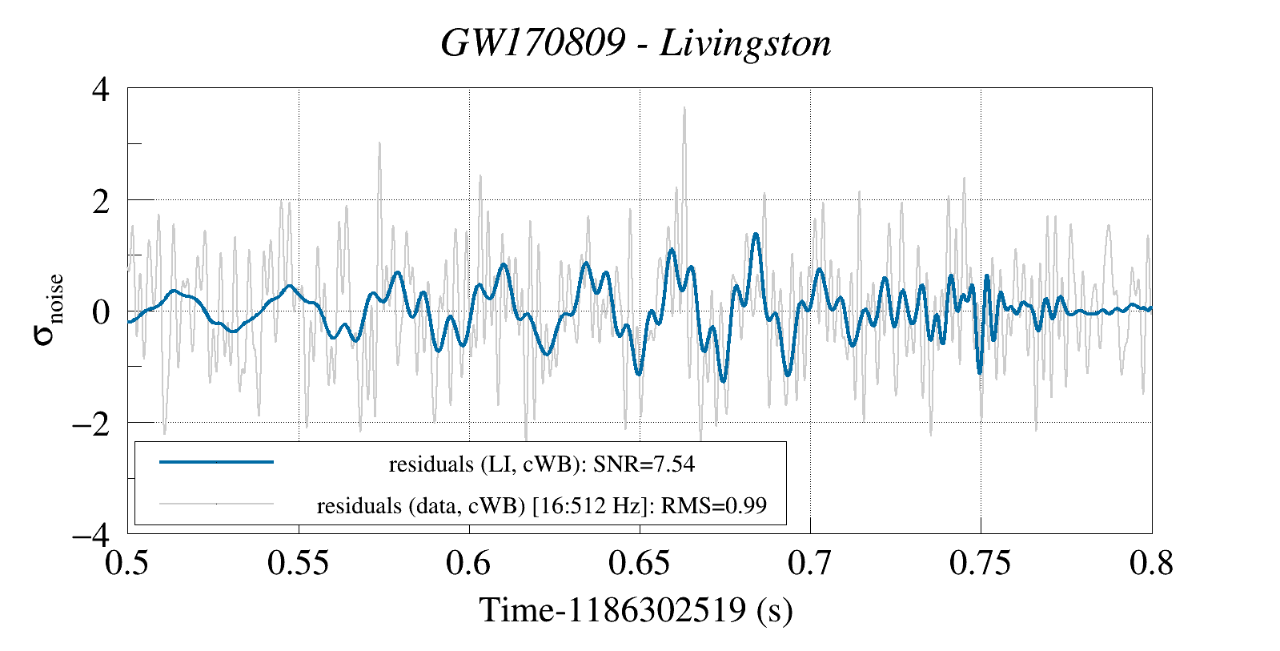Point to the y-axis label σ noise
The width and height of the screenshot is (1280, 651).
(x=48, y=310)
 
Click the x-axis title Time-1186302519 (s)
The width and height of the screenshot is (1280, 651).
(x=636, y=610)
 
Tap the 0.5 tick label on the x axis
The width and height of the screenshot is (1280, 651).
(x=127, y=563)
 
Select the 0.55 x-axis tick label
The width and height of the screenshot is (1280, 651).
(x=298, y=563)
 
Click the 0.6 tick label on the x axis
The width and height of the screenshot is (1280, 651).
(x=469, y=563)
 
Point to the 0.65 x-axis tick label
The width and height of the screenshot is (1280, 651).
(x=639, y=563)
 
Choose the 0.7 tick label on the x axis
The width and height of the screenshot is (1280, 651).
(x=809, y=563)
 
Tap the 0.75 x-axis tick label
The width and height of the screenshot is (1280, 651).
(x=981, y=563)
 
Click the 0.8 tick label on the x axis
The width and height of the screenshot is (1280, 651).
(x=1151, y=563)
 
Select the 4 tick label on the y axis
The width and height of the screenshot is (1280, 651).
(x=100, y=89)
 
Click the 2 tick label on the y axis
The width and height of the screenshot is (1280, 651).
(x=100, y=200)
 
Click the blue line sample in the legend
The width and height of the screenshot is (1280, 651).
(x=217, y=462)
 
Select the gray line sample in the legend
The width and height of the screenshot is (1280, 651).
(x=217, y=504)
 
